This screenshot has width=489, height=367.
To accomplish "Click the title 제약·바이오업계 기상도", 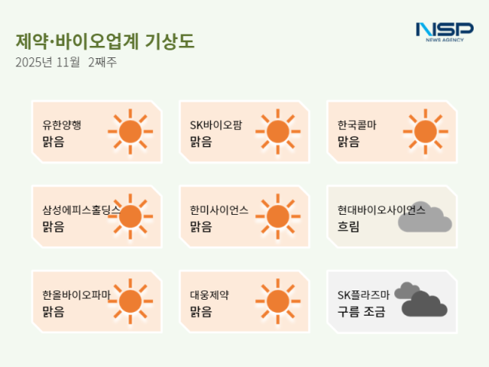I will tap(105, 41).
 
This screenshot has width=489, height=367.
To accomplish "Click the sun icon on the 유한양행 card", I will tap(131, 132).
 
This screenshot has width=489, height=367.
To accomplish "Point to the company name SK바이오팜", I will tap(215, 125).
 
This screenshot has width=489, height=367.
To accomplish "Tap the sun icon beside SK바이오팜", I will tap(278, 132).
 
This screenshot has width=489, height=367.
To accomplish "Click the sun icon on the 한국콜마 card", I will tap(425, 132).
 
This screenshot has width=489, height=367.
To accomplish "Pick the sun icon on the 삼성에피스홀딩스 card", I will tap(131, 216).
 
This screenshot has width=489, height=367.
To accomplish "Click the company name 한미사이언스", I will tap(219, 210).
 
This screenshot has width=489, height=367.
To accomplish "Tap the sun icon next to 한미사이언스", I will tap(278, 216).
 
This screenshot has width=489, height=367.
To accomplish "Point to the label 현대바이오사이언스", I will tap(381, 210).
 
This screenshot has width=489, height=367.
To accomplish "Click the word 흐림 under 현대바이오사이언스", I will tap(348, 227).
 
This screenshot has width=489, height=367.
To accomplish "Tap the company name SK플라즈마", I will tap(364, 294).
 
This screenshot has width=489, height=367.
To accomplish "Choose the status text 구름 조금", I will tap(361, 311).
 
